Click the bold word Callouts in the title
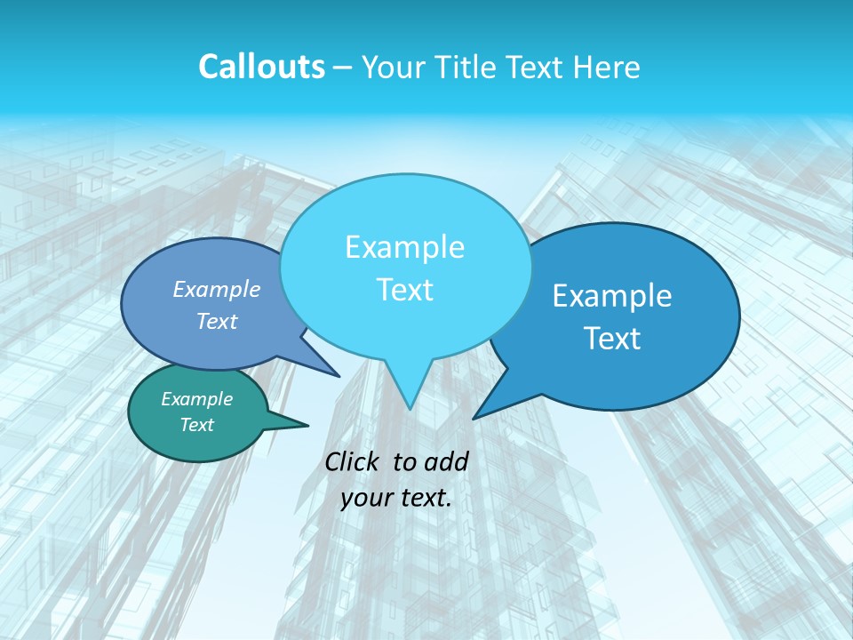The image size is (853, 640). pos(261,67)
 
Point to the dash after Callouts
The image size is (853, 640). pos(344,68)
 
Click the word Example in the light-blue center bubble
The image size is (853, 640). pos(404,247)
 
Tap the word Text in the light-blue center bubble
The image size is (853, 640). pos(404,290)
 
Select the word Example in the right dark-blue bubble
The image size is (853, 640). pos(612,296)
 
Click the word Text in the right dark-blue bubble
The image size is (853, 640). pos(612,339)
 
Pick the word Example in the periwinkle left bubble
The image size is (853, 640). pos(216,289)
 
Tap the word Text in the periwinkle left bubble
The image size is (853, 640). pos(216,322)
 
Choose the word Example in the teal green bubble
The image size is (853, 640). pos(196,399)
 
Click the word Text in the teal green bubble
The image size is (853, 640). pos(196,425)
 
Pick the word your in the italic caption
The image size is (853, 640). pos(364,498)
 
